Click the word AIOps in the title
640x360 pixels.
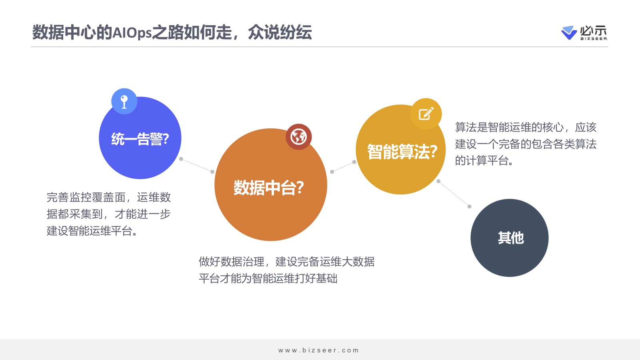click(132, 32)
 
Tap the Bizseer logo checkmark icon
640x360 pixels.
click(569, 32)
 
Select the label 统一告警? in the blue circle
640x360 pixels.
click(140, 139)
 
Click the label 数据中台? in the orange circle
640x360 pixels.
click(268, 188)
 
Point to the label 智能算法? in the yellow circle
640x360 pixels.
click(402, 152)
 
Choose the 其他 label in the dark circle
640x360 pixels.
click(511, 238)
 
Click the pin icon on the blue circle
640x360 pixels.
click(124, 102)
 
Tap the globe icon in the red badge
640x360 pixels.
click(298, 136)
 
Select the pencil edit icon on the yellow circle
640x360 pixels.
click(426, 114)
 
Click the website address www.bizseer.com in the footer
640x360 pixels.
click(318, 350)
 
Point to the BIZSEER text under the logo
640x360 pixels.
click(594, 38)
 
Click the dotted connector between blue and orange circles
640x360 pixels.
click(196, 165)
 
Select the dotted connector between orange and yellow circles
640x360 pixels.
click(343, 167)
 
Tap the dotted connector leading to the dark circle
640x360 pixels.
click(454, 194)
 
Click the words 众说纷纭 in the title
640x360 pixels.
click(280, 32)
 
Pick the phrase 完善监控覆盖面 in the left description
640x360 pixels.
click(86, 197)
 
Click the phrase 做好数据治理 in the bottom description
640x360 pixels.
click(232, 262)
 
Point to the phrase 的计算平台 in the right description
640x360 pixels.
click(482, 160)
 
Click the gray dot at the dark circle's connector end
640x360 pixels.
click(469, 206)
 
